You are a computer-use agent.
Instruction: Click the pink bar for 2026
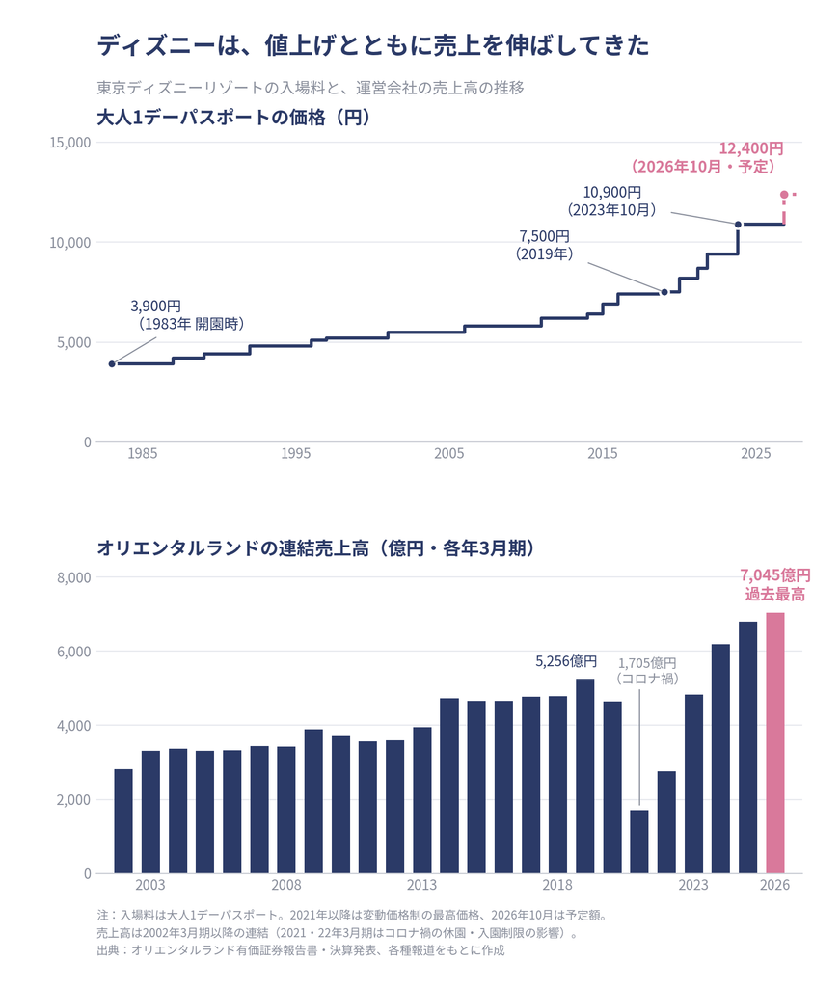click(x=774, y=743)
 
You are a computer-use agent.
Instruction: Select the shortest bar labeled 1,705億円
click(x=639, y=841)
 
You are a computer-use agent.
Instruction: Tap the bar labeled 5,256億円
click(x=585, y=776)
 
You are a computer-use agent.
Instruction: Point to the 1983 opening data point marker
click(x=112, y=363)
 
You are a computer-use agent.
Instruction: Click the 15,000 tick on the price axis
click(x=70, y=143)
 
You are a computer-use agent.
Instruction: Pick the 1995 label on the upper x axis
click(x=296, y=453)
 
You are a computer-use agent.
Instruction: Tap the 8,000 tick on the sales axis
click(x=74, y=577)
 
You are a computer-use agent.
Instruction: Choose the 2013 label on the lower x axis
click(x=421, y=885)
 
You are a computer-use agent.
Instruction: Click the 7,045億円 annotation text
click(x=775, y=575)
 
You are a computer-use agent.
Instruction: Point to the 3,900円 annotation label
click(x=155, y=306)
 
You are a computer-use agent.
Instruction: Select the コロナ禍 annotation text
click(x=647, y=679)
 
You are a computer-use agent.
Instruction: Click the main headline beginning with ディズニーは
click(x=373, y=45)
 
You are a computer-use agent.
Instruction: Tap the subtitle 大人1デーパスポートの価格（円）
click(x=233, y=118)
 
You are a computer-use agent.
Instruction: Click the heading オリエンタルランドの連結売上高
click(x=233, y=548)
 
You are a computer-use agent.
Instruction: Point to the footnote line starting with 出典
click(x=301, y=949)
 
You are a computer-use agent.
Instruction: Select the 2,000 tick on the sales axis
click(x=74, y=799)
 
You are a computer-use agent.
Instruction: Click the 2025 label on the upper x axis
click(x=756, y=453)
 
